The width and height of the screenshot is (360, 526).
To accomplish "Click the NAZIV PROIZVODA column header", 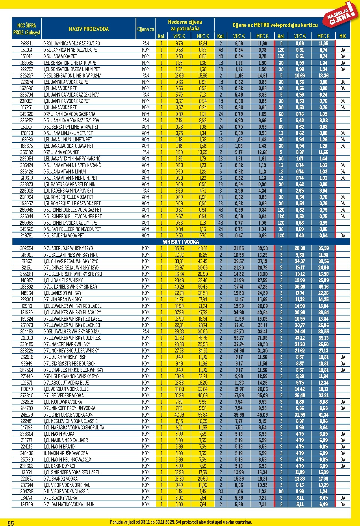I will pos(88,29).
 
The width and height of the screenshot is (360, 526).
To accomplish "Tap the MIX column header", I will pos(342,36).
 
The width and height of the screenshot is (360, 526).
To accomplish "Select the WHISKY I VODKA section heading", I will pos(181,242).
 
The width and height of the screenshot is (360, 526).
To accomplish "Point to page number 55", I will pos(10,523).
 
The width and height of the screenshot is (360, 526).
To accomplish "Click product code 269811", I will pos(27,44).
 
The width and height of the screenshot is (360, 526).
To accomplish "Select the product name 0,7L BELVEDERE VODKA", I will pos(64,395).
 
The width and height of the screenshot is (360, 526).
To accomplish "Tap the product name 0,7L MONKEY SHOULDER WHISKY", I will pos(71,350).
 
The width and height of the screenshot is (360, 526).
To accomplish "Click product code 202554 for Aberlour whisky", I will pos(27,248).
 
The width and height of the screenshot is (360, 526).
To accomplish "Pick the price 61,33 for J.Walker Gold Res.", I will pos(179,338).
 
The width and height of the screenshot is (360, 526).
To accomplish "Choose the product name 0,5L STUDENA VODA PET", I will pos(64,235).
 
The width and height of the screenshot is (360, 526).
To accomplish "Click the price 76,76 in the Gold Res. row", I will pos(203,338).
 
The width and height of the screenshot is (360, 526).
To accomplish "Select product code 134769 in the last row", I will pos(27,504).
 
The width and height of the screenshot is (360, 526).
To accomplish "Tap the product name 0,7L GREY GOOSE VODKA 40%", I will pos(68,415).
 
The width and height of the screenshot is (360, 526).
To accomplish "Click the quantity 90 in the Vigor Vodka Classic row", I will pos(281,491).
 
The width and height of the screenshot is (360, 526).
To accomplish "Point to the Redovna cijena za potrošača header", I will pos(185,25).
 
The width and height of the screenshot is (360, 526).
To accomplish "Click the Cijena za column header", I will pos(146,29).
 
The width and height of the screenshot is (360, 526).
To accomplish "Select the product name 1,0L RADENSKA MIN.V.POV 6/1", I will pos(68,191).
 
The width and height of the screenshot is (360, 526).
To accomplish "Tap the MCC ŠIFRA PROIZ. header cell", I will pos(27,29).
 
